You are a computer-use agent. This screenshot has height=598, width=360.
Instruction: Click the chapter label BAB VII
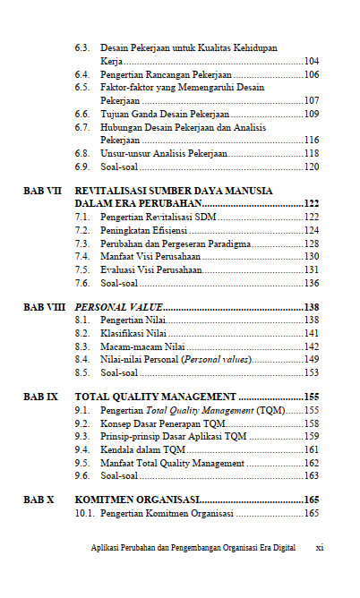42,191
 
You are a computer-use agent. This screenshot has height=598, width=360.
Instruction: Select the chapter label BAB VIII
44,307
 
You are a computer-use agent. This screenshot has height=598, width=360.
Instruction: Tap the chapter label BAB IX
40,396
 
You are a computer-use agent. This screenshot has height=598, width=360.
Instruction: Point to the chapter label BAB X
39,500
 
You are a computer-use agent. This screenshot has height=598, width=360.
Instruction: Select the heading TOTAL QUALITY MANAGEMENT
155,396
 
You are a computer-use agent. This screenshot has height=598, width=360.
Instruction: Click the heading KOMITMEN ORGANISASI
136,500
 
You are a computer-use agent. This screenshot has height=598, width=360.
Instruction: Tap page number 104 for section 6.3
312,62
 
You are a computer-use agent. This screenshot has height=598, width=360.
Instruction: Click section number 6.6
82,114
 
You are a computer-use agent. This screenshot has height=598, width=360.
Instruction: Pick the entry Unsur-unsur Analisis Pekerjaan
164,153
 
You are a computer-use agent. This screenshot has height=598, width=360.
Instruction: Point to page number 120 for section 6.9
312,167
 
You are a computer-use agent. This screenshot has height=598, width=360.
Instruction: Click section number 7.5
82,269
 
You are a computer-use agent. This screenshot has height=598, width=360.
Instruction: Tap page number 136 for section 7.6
312,283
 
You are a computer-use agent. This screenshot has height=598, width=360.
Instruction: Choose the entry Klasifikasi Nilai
133,333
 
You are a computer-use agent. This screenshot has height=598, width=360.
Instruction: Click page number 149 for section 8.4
312,359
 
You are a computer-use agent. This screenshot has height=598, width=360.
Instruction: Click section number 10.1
85,513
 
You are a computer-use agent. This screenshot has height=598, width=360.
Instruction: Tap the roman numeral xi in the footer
320,548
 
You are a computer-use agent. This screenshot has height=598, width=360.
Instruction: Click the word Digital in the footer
284,548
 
